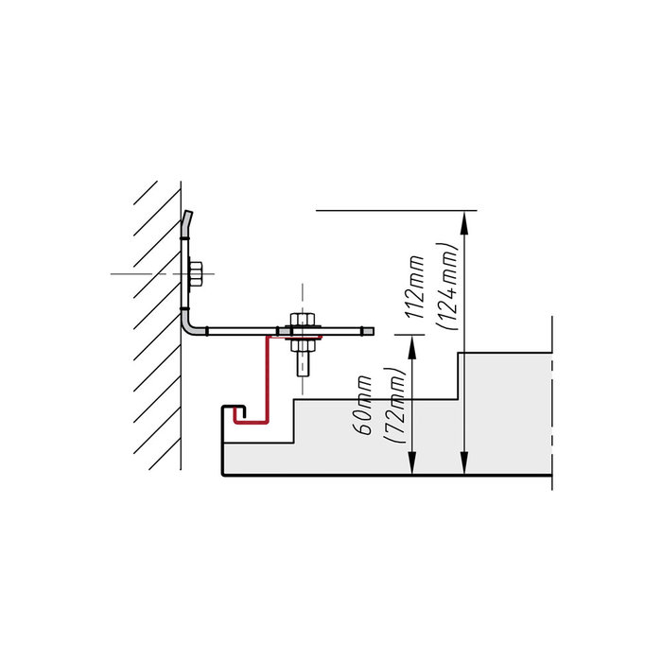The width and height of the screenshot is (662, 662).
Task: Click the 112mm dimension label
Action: (414, 287)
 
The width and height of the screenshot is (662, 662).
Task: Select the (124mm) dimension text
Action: (447, 287)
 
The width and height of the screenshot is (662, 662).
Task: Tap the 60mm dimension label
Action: (362, 405)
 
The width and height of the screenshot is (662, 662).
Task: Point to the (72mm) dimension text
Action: (394, 406)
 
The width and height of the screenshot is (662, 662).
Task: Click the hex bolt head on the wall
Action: (196, 273)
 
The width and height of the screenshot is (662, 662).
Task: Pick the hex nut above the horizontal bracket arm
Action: (303, 320)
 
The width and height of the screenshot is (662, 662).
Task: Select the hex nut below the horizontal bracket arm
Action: (303, 345)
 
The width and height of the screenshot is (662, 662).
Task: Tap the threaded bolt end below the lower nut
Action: (303, 364)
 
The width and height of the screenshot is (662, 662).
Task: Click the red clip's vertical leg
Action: (267, 378)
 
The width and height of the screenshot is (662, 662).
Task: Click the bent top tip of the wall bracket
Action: (187, 220)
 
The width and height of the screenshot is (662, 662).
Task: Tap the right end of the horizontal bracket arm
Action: (368, 331)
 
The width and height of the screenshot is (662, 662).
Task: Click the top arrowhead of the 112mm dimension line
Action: (464, 222)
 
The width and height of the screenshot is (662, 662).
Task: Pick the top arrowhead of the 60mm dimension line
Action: (412, 347)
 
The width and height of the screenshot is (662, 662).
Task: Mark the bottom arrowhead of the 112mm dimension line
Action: (464, 463)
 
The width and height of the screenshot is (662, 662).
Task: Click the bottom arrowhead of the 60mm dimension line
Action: (412, 463)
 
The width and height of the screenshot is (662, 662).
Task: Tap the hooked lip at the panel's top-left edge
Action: (235, 409)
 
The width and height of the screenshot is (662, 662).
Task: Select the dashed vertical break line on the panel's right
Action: (551, 400)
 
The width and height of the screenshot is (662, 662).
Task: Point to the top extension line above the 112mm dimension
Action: (396, 210)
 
